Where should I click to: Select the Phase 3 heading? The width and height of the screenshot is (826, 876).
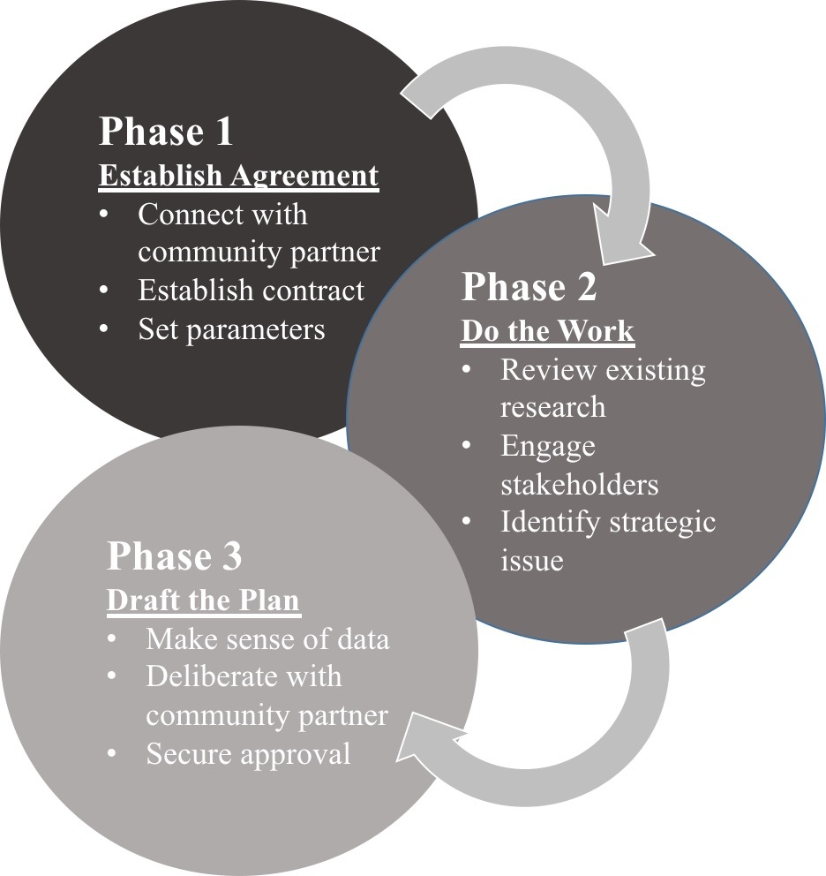[174, 556]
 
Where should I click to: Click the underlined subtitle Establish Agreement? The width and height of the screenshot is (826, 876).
[238, 175]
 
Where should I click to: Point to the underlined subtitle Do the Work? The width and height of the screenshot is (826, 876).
[547, 330]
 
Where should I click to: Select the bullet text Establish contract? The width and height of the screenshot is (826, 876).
[251, 291]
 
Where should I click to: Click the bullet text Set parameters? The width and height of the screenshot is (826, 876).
[231, 329]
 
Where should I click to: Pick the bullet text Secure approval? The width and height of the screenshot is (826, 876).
[248, 753]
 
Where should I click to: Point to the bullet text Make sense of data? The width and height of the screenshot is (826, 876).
[267, 638]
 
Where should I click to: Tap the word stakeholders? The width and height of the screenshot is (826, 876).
[579, 484]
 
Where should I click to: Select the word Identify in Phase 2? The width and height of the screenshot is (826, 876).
[551, 522]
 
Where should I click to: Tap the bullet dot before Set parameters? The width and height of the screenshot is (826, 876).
[105, 329]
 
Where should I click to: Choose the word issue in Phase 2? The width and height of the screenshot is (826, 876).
[531, 560]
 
